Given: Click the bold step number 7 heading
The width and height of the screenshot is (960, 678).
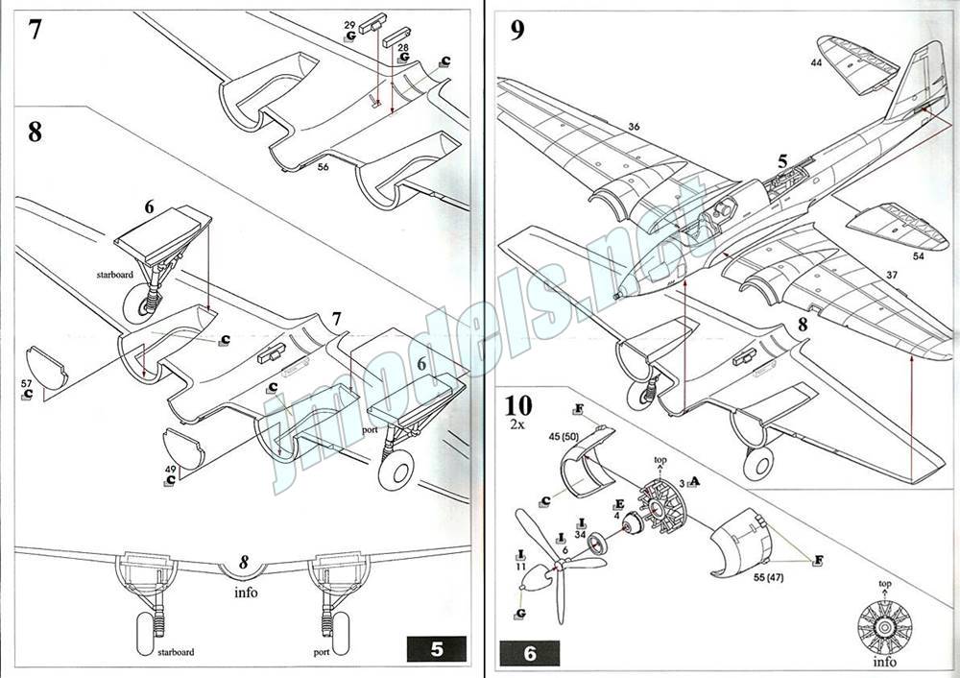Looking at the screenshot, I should [36, 29].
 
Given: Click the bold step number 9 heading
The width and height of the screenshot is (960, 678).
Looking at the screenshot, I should [517, 30].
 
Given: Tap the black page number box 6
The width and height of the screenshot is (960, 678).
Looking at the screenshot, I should [530, 655].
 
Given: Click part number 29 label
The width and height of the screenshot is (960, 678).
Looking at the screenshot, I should [349, 23].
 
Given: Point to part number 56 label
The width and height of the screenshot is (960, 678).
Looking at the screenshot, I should [323, 167].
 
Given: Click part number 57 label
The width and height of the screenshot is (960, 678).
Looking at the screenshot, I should [26, 383].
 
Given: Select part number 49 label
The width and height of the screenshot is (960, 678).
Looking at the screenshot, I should [169, 469].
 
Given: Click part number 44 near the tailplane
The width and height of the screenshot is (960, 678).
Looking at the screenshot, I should [816, 61].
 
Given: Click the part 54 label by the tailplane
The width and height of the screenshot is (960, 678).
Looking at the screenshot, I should [918, 256].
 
